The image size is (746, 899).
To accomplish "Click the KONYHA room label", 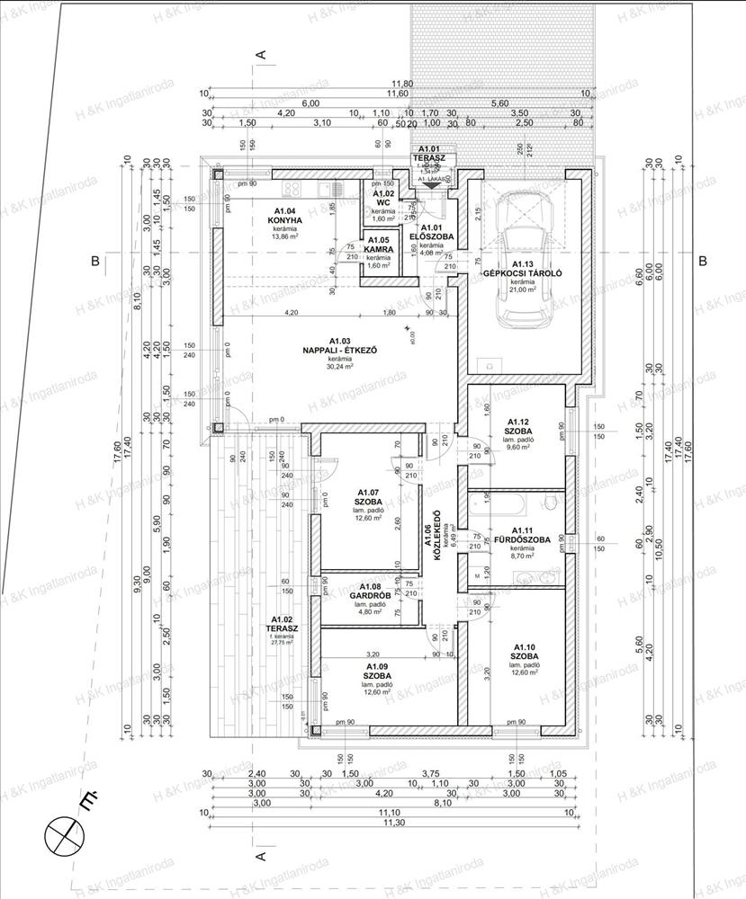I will [x=288, y=219].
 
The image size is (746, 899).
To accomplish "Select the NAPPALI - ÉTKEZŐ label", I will [x=339, y=350].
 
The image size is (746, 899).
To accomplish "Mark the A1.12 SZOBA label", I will [x=518, y=426].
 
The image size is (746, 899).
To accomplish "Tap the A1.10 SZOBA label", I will [x=526, y=653].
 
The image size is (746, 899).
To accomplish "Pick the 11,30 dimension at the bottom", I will [x=390, y=822].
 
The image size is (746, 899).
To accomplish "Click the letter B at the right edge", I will [x=703, y=262].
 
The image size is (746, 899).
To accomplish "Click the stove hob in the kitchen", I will [x=292, y=189].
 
